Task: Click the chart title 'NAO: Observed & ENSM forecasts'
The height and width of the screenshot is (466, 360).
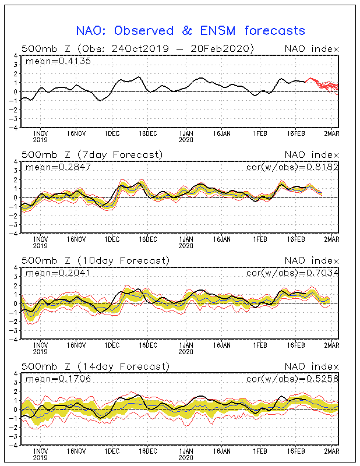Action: (190, 31)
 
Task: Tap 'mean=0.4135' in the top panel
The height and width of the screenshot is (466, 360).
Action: (58, 61)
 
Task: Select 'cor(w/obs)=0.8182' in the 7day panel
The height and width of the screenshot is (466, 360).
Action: (292, 167)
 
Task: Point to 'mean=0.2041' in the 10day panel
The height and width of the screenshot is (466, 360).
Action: (58, 273)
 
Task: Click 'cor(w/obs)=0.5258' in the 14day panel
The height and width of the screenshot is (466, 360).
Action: (292, 379)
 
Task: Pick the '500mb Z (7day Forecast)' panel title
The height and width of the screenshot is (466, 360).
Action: (92, 155)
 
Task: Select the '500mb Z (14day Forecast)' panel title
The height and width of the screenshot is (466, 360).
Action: (96, 366)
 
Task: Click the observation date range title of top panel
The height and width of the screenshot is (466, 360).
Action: (137, 48)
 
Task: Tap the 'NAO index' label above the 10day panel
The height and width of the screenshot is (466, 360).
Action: (312, 260)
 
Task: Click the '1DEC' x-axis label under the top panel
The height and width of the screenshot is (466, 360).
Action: (112, 133)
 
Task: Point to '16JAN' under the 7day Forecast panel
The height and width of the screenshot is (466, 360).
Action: (222, 239)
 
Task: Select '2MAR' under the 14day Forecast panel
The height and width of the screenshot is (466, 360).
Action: (331, 451)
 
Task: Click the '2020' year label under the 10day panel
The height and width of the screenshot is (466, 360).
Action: (186, 352)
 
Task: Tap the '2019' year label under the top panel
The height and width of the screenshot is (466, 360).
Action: (40, 140)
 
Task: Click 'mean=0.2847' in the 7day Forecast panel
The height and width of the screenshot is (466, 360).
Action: (58, 167)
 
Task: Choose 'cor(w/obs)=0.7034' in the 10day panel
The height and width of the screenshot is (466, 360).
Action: (292, 273)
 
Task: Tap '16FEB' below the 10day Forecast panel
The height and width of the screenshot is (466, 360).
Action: (296, 345)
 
